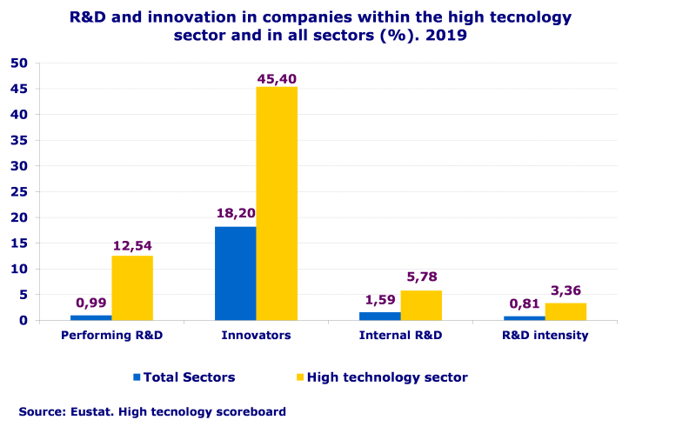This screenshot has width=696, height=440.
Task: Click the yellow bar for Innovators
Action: [x=277, y=203]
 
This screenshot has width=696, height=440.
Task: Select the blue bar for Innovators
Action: [x=235, y=273]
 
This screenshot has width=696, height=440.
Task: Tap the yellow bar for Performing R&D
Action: [x=132, y=288]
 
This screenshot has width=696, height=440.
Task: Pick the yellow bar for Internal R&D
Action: [x=421, y=305]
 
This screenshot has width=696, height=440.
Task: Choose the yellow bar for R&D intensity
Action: [x=565, y=311]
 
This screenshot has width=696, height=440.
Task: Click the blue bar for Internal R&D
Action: [x=380, y=316]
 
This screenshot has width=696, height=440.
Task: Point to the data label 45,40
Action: [x=277, y=79]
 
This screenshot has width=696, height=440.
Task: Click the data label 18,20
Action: [x=235, y=213]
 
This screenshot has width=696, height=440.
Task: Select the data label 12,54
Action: [x=132, y=246]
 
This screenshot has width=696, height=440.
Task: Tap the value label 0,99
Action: [x=91, y=303]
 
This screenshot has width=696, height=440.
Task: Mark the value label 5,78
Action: [x=421, y=278]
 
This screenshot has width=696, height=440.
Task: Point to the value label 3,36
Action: [x=565, y=290]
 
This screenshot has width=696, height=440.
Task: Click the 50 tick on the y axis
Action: [x=19, y=63]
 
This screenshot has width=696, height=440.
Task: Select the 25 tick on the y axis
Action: [x=19, y=191]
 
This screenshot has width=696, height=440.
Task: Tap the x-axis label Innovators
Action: [x=256, y=335]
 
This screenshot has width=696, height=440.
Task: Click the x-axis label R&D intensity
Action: [x=545, y=335]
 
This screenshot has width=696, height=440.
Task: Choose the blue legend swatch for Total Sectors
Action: [x=137, y=377]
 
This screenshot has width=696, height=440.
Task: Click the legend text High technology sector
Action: [x=387, y=377]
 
